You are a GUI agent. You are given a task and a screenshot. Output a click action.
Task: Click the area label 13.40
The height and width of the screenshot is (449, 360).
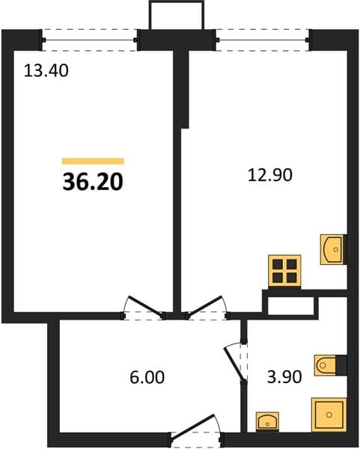(x=46, y=71)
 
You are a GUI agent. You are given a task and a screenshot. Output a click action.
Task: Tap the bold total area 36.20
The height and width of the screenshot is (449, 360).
(x=93, y=182)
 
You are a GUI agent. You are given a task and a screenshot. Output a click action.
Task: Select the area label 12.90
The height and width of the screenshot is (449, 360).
(x=270, y=175)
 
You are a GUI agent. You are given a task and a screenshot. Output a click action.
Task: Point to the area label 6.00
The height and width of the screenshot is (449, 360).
(x=147, y=377)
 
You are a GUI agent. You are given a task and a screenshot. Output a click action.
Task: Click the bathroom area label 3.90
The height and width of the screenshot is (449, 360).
(x=284, y=377)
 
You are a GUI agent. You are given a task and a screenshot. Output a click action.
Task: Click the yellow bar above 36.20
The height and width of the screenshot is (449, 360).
(x=93, y=161)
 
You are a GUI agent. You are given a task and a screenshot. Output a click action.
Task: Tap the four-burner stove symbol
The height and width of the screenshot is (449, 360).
(x=284, y=271)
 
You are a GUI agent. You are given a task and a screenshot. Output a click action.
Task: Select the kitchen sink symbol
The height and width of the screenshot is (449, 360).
(x=332, y=249)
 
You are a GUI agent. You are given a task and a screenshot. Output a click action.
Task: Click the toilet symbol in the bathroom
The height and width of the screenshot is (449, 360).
(x=326, y=365)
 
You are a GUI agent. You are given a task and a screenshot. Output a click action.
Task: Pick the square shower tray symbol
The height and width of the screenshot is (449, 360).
(x=329, y=415)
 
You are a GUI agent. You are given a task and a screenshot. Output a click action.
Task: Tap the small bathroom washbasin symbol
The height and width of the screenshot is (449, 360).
(x=267, y=421)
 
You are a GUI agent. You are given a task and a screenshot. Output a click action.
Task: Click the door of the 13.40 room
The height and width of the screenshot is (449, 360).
(x=144, y=306)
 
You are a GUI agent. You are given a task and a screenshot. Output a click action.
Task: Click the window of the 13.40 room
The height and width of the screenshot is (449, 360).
(x=89, y=40)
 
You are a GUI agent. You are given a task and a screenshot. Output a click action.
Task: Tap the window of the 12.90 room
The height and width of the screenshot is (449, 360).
(x=262, y=40)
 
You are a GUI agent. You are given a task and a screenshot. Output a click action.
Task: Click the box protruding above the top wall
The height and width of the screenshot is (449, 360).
(x=177, y=15)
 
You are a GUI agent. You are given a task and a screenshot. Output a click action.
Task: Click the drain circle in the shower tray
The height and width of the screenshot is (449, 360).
(x=329, y=415)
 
